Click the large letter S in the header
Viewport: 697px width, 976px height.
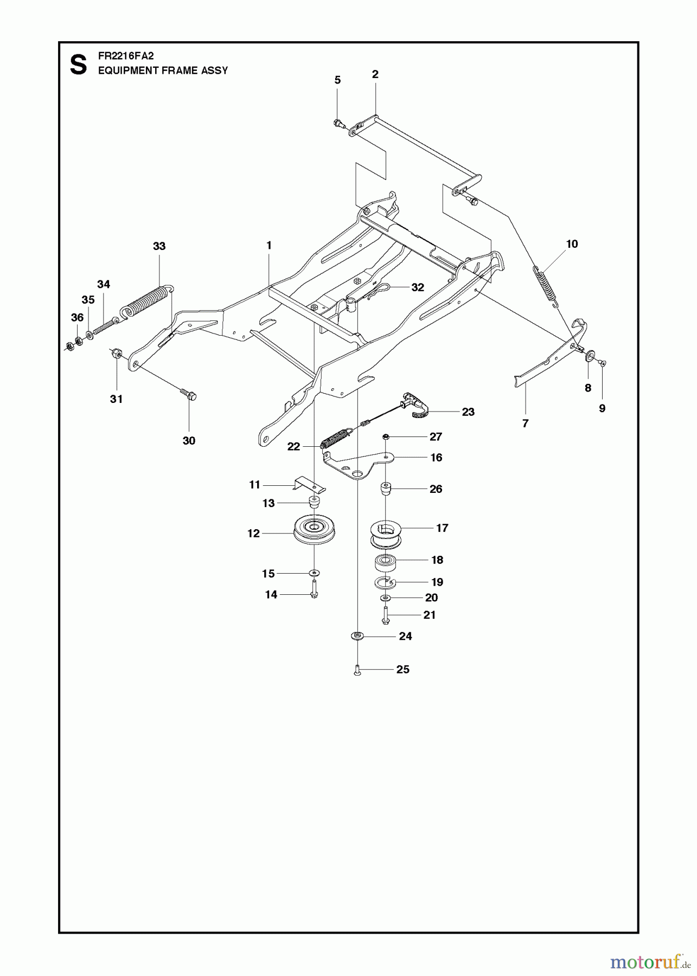coord(79,65)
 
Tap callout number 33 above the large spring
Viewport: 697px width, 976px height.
coord(159,246)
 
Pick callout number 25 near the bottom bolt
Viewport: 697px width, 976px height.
coord(402,670)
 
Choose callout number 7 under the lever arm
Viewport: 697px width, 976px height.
coord(525,423)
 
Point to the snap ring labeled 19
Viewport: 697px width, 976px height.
coord(385,583)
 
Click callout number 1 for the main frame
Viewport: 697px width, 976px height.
coord(268,245)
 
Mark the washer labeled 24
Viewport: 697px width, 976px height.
coord(357,635)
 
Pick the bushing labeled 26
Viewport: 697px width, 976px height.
coord(386,489)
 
